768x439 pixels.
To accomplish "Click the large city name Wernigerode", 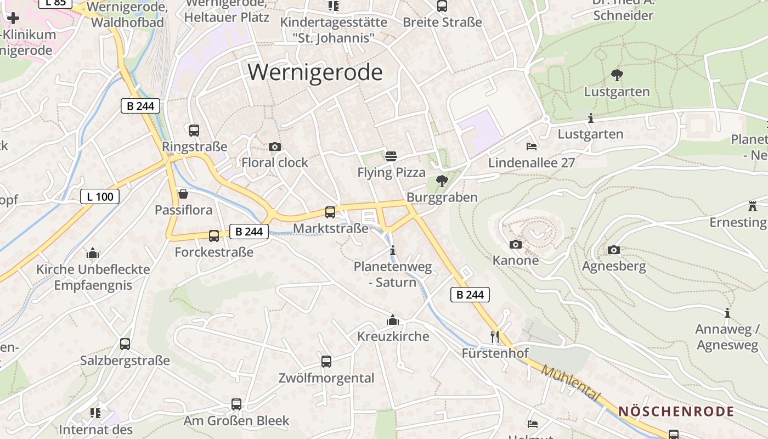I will (315, 72).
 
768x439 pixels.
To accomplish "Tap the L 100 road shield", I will (100, 196).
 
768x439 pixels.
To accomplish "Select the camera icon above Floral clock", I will (275, 147).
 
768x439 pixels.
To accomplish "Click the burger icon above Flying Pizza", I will (391, 156).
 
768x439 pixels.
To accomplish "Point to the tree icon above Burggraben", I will (442, 181).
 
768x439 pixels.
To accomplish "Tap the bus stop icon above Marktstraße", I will (330, 212).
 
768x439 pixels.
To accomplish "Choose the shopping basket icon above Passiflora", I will (183, 194).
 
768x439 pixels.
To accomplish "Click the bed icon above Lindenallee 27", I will (532, 147).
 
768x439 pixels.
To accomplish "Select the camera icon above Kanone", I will (516, 244).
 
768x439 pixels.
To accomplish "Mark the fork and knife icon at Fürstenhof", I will (495, 336).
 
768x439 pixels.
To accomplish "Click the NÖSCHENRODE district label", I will (676, 412).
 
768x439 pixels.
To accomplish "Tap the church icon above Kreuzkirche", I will (393, 320).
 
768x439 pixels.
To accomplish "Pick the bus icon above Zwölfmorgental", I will (326, 362).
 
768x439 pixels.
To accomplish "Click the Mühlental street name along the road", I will (571, 383).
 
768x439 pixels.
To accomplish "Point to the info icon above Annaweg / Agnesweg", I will (727, 313).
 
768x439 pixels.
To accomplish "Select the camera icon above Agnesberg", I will (614, 250).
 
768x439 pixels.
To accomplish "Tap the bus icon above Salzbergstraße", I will (125, 344).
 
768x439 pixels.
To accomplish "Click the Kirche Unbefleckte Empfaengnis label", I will (93, 277).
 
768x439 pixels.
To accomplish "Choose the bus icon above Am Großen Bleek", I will (236, 404).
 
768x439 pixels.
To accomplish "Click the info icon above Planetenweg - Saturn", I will (392, 251).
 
